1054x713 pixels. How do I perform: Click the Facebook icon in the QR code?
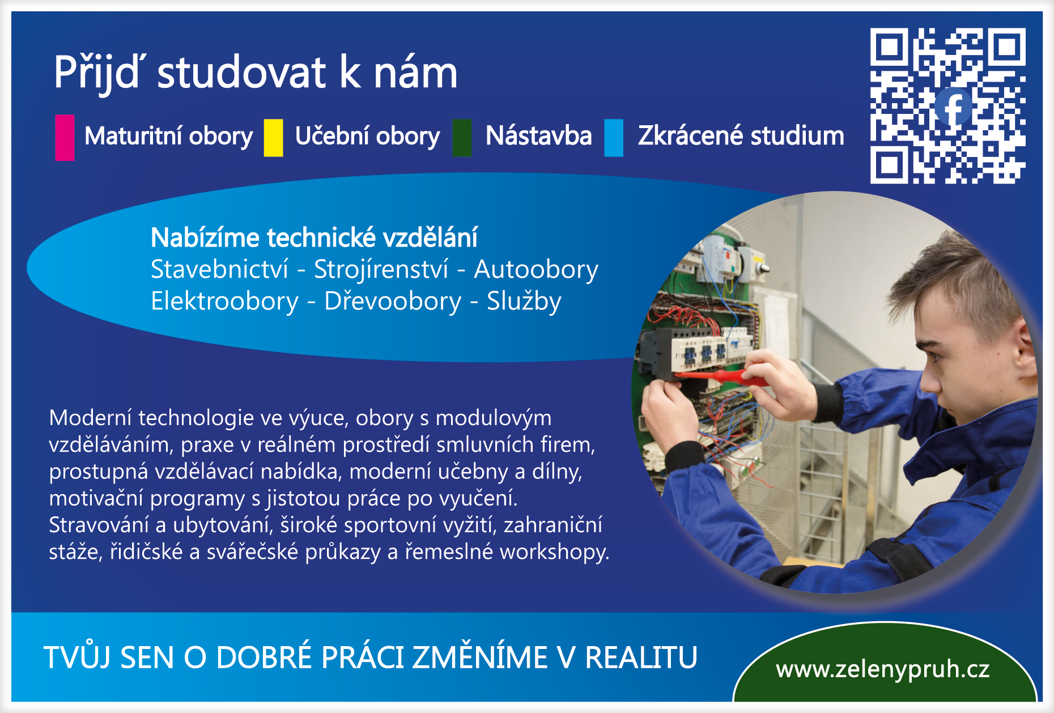tap(954, 107)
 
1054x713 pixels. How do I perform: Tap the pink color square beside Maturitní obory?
tap(65, 138)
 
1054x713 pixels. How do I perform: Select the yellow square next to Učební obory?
tap(273, 138)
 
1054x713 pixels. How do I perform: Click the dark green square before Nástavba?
tap(462, 138)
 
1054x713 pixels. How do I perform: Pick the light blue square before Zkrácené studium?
tap(614, 138)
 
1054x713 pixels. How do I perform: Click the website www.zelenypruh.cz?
tap(882, 669)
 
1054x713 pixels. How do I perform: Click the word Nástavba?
tap(538, 136)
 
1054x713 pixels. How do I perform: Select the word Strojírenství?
tap(381, 269)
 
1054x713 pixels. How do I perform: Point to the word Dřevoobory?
tap(393, 301)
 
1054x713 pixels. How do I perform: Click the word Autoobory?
tap(536, 269)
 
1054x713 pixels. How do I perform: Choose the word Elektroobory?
tap(224, 301)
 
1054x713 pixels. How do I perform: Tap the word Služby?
tap(524, 301)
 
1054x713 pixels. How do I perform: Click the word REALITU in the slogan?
tap(641, 657)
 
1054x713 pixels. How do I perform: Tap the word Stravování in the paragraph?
tap(99, 525)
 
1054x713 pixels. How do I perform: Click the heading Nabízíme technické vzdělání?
tap(314, 237)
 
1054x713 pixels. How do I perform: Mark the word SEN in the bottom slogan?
tap(147, 657)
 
